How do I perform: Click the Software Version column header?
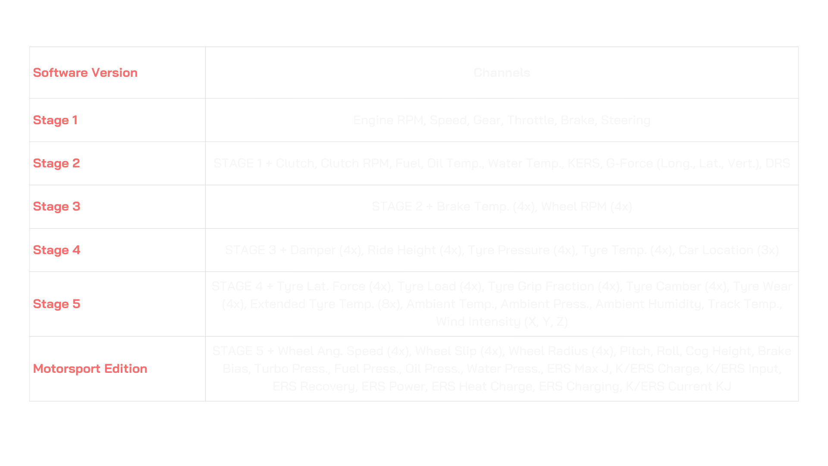click(x=85, y=72)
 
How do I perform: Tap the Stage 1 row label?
click(x=55, y=120)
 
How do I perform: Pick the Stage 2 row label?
click(x=56, y=163)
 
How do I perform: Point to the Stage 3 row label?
click(x=56, y=206)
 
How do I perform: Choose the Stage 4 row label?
click(x=56, y=250)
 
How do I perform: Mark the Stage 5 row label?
click(x=56, y=304)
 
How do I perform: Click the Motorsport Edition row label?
click(x=90, y=368)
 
